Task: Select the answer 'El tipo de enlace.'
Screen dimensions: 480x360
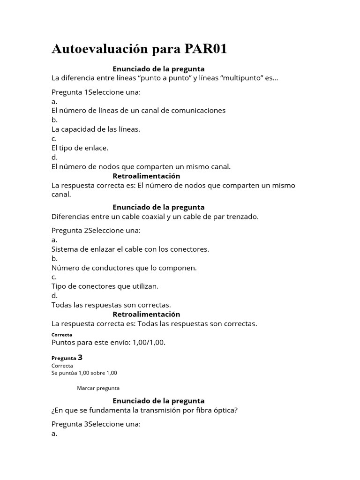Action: [80, 148]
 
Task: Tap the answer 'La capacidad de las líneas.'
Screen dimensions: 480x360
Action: [96, 129]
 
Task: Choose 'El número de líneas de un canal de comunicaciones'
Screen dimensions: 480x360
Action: [138, 111]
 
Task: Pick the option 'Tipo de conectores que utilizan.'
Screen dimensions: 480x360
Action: [105, 286]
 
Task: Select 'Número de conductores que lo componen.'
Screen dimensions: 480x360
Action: [117, 268]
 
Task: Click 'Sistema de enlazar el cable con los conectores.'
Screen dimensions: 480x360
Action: [130, 249]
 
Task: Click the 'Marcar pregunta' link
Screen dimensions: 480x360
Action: [98, 388]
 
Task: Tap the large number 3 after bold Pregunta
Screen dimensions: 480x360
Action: [80, 357]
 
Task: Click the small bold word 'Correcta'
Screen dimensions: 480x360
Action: [62, 335]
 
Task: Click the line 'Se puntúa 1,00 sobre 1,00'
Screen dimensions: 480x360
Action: [84, 373]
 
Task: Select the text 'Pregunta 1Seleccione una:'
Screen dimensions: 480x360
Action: [96, 92]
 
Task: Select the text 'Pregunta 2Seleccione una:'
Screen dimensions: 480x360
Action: [96, 230]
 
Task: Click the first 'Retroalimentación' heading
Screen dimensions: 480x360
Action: [146, 176]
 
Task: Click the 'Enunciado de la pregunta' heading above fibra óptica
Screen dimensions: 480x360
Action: [158, 401]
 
